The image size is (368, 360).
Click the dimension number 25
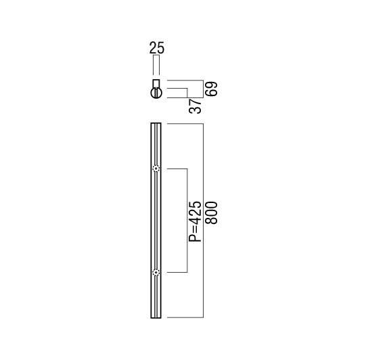[157, 47]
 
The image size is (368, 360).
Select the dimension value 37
[195, 106]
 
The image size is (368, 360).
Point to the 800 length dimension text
[212, 212]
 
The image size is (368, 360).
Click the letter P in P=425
[195, 238]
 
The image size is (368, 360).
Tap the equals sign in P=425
[195, 229]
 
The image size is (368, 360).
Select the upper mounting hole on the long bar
[156, 168]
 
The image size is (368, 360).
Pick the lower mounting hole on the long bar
[156, 273]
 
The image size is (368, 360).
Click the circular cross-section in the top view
[156, 93]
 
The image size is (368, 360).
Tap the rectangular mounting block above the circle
[156, 84]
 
